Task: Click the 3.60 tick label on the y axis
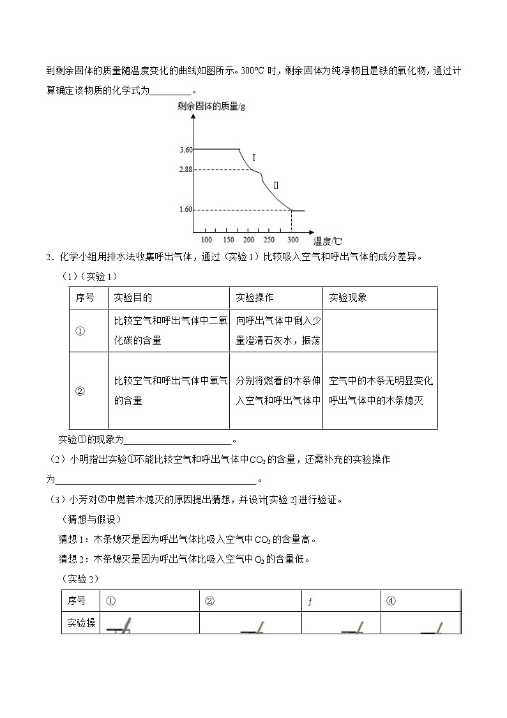coord(186,150)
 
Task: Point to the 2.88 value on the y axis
coord(186,169)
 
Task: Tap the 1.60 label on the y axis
coord(186,210)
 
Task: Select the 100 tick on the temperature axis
coord(206,240)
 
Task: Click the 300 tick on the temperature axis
coord(292,240)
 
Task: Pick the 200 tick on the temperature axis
coord(249,240)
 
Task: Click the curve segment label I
coord(253,157)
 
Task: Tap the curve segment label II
coord(276,185)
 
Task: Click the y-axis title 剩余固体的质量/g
coord(211,106)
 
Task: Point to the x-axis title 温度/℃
coord(328,241)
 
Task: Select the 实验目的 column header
coord(133,298)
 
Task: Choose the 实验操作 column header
coord(255,298)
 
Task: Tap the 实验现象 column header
coord(348,298)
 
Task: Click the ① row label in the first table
coord(80,331)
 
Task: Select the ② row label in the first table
coord(80,391)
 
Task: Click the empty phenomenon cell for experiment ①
coord(380,331)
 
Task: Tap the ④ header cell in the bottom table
coord(391,601)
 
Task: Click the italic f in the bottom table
coord(309,601)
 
